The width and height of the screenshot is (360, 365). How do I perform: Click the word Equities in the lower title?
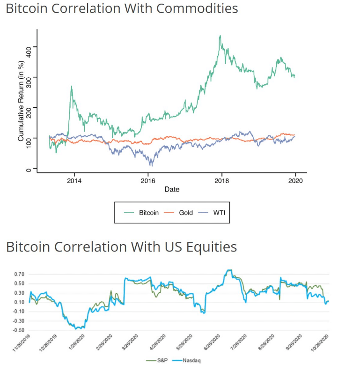pyautogui.click(x=206, y=246)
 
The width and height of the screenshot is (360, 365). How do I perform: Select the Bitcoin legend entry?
pyautogui.click(x=149, y=212)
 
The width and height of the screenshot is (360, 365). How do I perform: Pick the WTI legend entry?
pyautogui.click(x=219, y=212)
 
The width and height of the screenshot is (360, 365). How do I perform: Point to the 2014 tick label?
pyautogui.click(x=74, y=180)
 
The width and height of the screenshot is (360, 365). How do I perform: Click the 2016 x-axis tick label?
pyautogui.click(x=148, y=180)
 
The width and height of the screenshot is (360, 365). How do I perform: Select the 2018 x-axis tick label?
pyautogui.click(x=222, y=180)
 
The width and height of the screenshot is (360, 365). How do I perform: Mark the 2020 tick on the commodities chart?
pyautogui.click(x=295, y=180)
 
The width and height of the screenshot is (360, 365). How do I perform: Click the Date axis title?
pyautogui.click(x=172, y=189)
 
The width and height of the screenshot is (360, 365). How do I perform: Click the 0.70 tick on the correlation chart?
pyautogui.click(x=19, y=274)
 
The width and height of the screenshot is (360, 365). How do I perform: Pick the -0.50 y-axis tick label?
pyautogui.click(x=19, y=330)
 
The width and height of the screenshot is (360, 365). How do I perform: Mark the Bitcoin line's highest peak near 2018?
pyautogui.click(x=220, y=36)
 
